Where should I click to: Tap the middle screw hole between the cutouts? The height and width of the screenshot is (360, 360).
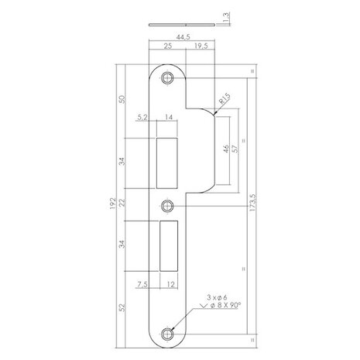[x=166, y=206]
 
